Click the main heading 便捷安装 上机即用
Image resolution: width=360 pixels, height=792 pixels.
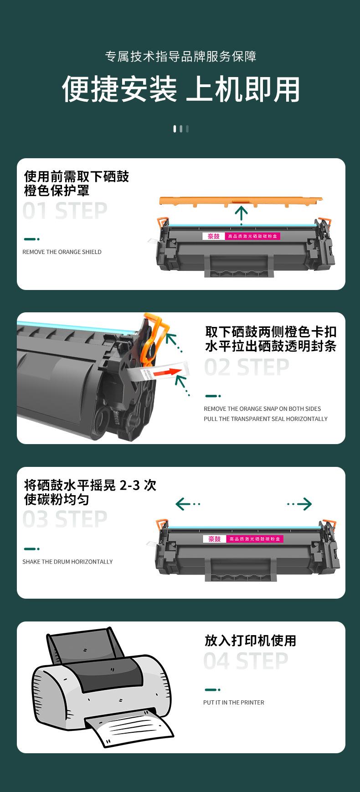181,88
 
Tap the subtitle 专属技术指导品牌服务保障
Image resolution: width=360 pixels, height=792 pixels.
181,57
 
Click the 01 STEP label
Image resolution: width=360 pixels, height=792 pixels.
65,211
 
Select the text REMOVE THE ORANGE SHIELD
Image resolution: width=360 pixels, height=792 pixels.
62,252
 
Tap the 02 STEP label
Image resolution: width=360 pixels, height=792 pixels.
247,368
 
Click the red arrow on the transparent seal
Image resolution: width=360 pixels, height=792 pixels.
165,373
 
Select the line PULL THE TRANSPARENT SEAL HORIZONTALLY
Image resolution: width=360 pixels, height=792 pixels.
266,419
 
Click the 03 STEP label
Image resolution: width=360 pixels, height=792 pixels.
65,519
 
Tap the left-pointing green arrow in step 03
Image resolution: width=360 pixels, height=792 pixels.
188,504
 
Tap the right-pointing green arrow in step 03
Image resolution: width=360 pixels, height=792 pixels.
299,504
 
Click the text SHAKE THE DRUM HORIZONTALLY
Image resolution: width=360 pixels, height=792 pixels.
67,562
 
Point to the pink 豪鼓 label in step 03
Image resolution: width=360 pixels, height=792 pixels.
214,539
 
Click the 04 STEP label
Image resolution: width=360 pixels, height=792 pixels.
246,661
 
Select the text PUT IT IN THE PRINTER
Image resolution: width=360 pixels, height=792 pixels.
234,703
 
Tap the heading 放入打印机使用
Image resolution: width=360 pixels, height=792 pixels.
250,641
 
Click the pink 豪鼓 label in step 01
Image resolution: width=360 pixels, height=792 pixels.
213,236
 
